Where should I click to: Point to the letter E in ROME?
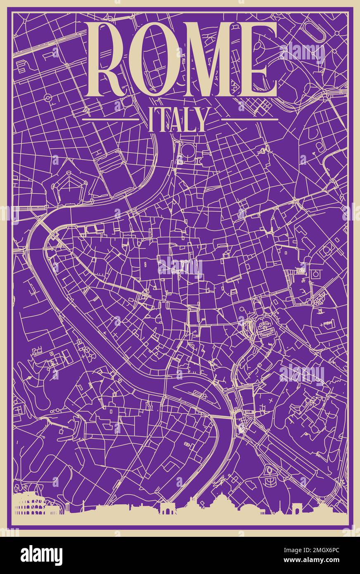point(259,60)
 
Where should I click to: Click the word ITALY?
point(177,120)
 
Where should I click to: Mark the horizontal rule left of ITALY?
point(111,119)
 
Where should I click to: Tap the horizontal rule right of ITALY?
point(249,119)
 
